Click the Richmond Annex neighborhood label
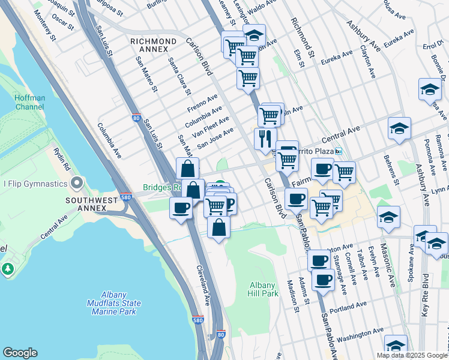[x=153, y=41]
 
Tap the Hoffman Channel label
[x=27, y=101]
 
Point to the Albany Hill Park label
[x=263, y=289]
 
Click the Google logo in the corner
[x=20, y=353]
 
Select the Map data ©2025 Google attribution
[x=411, y=355]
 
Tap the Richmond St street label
[x=303, y=37]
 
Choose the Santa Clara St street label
[x=179, y=76]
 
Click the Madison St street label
[x=292, y=296]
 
